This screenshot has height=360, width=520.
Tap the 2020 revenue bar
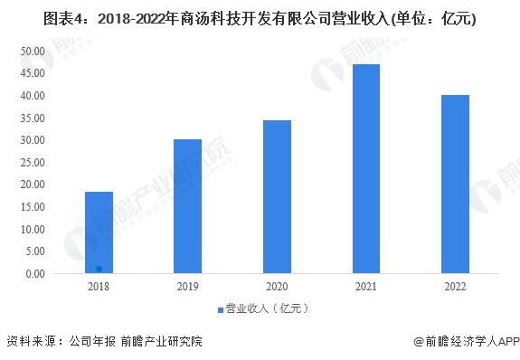[277, 196]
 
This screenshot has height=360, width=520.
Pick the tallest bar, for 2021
[365, 168]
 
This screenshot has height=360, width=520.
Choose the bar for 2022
[455, 184]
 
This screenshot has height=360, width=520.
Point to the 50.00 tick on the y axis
[33, 52]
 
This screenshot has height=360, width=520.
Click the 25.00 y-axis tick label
[33, 163]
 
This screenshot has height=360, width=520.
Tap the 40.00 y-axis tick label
[33, 96]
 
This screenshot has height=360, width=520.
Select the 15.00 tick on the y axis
[33, 207]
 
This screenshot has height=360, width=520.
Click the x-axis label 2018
[99, 288]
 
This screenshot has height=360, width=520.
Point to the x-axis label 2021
[365, 288]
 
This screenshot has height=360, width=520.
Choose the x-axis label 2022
[455, 288]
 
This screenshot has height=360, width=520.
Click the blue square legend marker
[219, 309]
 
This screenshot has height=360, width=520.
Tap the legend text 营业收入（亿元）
[268, 309]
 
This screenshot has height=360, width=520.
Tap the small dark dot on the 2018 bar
[99, 269]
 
